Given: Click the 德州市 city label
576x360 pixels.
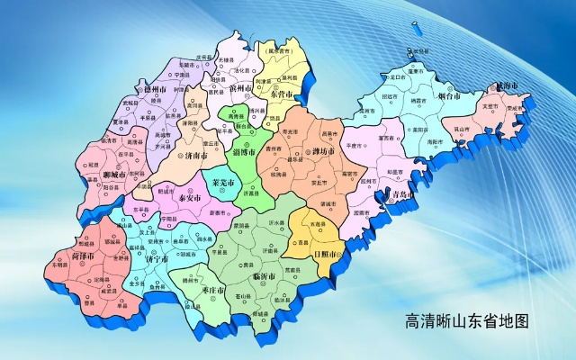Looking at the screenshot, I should [x=156, y=90].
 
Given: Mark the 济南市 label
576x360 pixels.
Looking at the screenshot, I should [x=192, y=155].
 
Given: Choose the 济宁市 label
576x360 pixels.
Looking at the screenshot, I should [x=156, y=259].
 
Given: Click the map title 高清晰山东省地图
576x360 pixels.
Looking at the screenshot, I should [x=465, y=319].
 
